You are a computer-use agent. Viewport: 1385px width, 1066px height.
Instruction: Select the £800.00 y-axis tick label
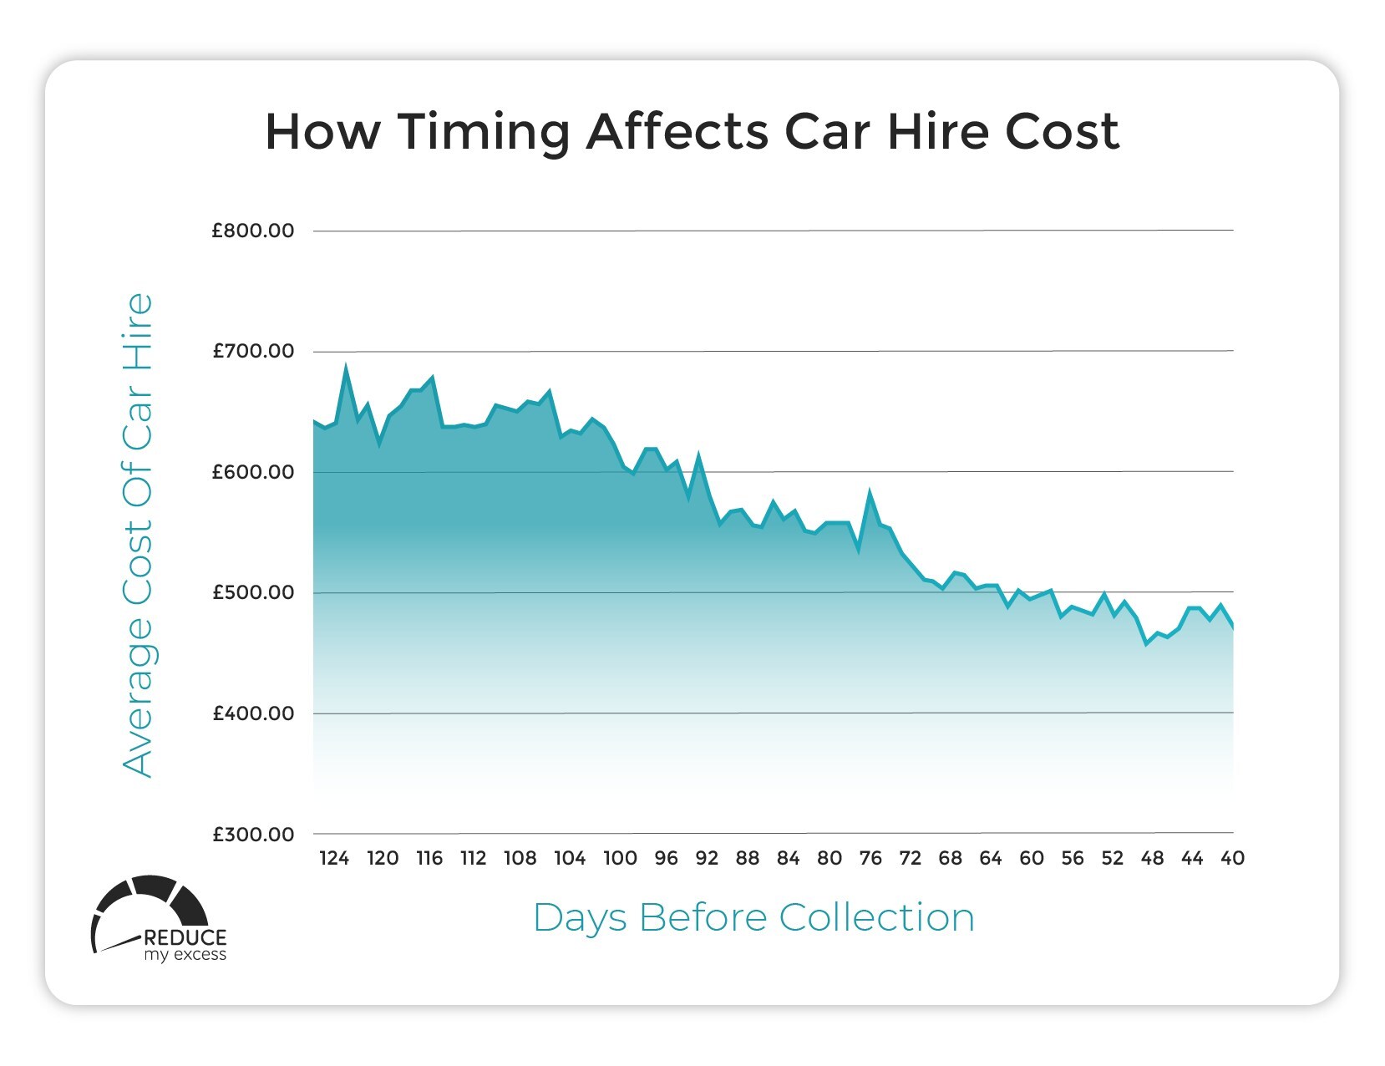point(253,231)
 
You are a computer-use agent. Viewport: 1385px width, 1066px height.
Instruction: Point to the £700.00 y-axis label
point(253,351)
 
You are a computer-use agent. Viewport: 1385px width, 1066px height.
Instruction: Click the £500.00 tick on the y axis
point(253,592)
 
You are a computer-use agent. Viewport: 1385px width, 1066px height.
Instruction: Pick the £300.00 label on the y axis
point(253,835)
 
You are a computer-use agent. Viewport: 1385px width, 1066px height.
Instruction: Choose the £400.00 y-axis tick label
point(253,713)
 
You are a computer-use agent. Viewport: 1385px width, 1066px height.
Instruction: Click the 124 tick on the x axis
point(334,858)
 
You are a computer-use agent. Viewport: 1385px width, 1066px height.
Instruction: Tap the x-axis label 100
point(620,858)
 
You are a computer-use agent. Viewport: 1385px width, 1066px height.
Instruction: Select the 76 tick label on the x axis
point(870,858)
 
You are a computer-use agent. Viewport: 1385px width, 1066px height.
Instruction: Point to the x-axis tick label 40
point(1233,858)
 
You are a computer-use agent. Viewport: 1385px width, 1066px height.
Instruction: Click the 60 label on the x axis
point(1032,858)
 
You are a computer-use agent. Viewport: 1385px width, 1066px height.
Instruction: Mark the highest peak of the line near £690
point(346,366)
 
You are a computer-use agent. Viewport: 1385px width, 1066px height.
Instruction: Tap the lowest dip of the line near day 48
point(1147,644)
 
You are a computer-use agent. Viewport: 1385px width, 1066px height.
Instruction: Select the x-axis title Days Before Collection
point(753,917)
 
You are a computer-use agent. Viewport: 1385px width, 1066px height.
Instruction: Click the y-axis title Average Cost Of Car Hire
point(139,535)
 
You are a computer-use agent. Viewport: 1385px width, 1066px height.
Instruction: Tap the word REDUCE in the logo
point(185,937)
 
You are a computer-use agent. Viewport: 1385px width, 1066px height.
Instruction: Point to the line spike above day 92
point(698,456)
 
